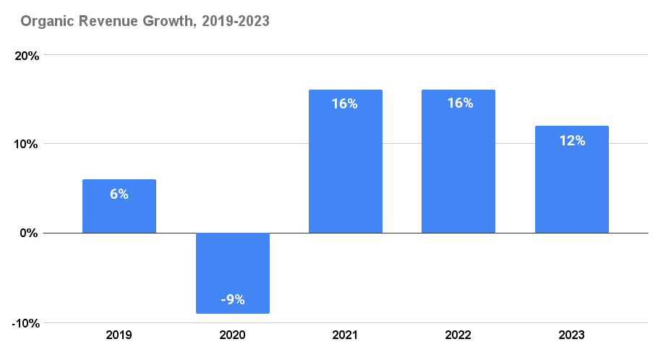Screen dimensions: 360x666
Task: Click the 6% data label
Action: click(119, 194)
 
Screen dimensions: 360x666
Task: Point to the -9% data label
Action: click(233, 299)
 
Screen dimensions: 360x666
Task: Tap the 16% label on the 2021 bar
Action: click(345, 103)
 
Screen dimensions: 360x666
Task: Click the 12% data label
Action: click(572, 140)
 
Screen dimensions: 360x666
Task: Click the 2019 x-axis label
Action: click(119, 335)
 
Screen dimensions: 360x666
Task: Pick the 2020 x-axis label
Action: click(233, 335)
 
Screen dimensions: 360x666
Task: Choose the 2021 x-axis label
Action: click(346, 335)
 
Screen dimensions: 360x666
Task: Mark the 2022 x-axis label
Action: click(458, 335)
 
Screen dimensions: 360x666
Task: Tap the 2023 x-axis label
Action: click(571, 335)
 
